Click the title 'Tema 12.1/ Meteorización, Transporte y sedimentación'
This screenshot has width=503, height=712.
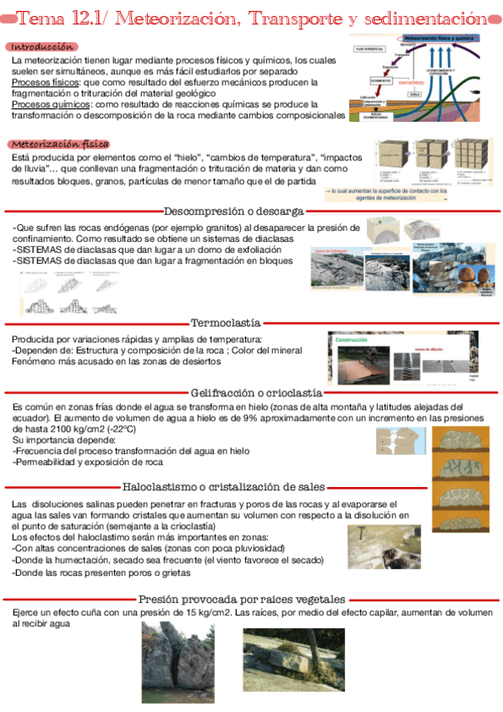coord(252,18)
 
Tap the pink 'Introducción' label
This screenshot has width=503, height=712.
coord(42,47)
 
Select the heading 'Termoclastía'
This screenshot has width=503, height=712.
coord(226,322)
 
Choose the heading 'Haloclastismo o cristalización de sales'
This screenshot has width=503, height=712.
coord(224,486)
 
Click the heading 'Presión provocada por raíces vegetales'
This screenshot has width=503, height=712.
coord(241,599)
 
